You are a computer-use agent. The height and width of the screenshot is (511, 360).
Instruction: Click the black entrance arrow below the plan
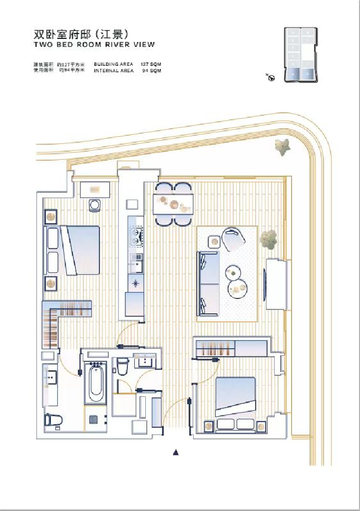pyautogui.click(x=176, y=453)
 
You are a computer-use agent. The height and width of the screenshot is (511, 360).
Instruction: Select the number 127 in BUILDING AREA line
pyautogui.click(x=145, y=64)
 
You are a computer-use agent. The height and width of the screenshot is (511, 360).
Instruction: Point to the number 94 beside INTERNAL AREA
pyautogui.click(x=146, y=71)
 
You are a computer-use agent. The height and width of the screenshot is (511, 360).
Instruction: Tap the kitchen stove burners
pyautogui.click(x=136, y=235)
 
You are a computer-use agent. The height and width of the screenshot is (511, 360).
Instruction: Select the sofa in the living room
pyautogui.click(x=208, y=283)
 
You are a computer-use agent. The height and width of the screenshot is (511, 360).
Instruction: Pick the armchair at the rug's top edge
pyautogui.click(x=234, y=239)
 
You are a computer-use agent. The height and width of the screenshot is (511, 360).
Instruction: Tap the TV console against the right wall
pyautogui.click(x=276, y=284)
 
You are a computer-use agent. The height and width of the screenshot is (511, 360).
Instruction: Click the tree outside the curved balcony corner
pyautogui.click(x=282, y=146)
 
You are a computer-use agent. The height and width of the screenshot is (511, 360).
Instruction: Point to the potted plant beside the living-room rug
pyautogui.click(x=269, y=240)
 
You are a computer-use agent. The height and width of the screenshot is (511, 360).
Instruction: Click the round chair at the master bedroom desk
pyautogui.click(x=95, y=205)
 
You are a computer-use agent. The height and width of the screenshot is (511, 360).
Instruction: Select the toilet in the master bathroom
pyautogui.click(x=53, y=421)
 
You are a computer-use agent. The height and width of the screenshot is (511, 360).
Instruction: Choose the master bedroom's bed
pyautogui.click(x=80, y=250)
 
